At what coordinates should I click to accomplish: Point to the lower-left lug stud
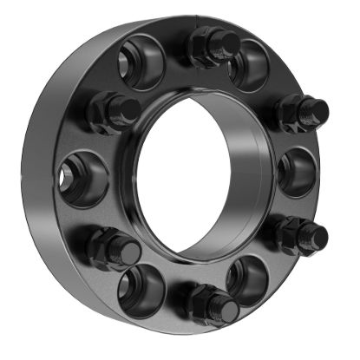[x=115, y=247]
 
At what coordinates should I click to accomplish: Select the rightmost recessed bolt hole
[x=298, y=172]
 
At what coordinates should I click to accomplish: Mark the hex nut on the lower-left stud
[x=105, y=246]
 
